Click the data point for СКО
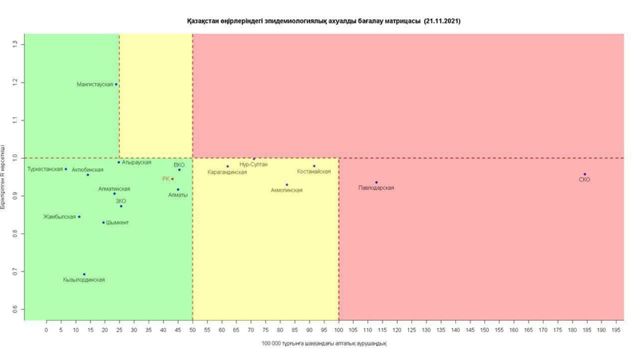584,174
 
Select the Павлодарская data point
376,182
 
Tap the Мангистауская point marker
116,84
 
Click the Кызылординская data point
84,275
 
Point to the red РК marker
172,179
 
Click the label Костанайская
313,172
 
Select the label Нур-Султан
253,164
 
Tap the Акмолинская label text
286,191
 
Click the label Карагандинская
227,172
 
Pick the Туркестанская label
45,169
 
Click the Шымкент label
117,223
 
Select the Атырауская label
137,163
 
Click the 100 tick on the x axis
339,330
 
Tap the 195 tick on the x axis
616,330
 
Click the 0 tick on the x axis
46,330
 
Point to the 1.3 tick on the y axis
15,44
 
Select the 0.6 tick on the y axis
15,309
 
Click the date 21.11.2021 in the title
442,21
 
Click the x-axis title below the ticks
323,344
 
